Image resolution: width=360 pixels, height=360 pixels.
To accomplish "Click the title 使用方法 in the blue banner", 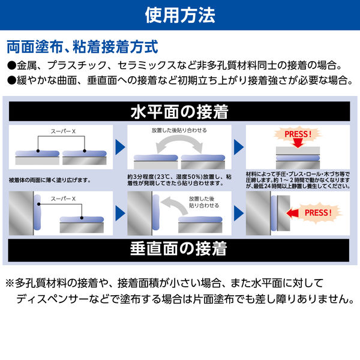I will tap(180, 15).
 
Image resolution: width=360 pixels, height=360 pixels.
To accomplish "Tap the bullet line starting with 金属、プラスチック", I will tap(174, 65).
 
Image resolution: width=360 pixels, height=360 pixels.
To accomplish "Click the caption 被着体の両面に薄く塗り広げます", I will tap(49, 179).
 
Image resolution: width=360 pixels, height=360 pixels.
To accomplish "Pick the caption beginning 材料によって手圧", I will tap(298, 179).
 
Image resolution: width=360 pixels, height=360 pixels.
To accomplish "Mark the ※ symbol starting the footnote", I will tap(10, 283).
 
